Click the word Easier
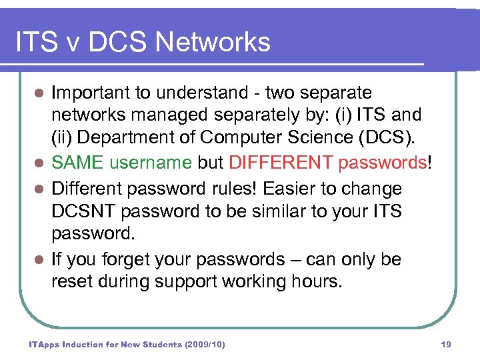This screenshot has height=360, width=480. [300, 189]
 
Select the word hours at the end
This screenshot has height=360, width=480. [316, 281]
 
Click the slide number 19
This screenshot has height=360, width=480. [446, 345]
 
